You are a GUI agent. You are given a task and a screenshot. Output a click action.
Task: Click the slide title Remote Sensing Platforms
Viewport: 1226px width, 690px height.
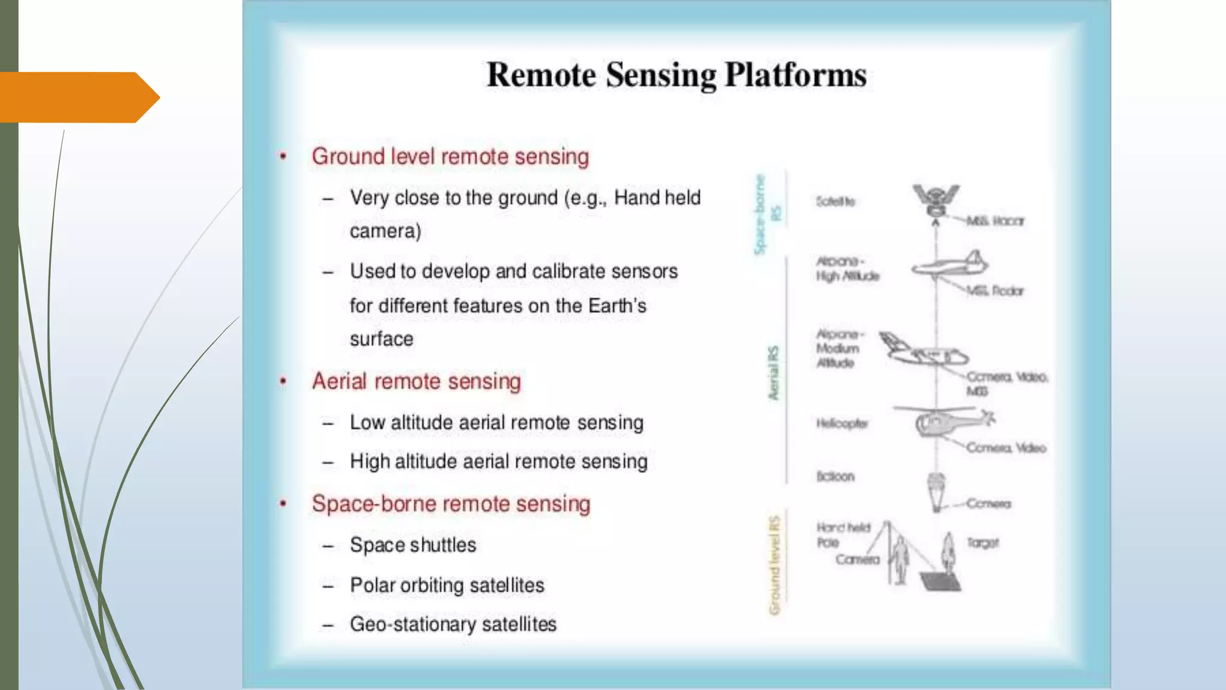click(676, 75)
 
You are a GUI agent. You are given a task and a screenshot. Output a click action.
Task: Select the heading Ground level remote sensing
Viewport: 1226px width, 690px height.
click(450, 156)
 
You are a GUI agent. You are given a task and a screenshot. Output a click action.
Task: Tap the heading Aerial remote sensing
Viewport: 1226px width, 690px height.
click(416, 381)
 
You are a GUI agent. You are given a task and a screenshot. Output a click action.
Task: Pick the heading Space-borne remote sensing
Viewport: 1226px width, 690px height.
click(451, 504)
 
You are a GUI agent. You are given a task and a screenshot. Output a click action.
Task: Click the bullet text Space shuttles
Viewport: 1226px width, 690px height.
click(413, 545)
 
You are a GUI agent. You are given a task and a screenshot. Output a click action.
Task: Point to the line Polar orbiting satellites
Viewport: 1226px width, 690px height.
click(447, 585)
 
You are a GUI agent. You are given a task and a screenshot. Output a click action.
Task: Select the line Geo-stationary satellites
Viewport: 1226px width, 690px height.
click(453, 624)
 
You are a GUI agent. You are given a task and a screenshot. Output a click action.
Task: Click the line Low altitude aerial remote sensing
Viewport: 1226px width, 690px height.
click(496, 422)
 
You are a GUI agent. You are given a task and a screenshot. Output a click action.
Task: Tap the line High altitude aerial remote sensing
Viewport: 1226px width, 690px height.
click(499, 461)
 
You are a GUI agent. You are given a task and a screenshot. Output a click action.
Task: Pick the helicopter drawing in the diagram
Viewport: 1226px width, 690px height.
click(943, 421)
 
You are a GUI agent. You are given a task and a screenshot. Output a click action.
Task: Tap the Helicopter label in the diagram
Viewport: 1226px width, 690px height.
click(842, 423)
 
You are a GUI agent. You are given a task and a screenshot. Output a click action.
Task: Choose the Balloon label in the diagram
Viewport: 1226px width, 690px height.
click(836, 477)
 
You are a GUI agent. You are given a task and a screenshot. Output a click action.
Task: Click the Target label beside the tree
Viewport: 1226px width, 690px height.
click(983, 543)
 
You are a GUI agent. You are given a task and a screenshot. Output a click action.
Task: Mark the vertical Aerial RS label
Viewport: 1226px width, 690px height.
click(773, 373)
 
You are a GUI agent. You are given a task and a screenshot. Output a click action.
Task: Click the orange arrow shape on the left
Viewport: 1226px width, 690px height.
click(78, 97)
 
